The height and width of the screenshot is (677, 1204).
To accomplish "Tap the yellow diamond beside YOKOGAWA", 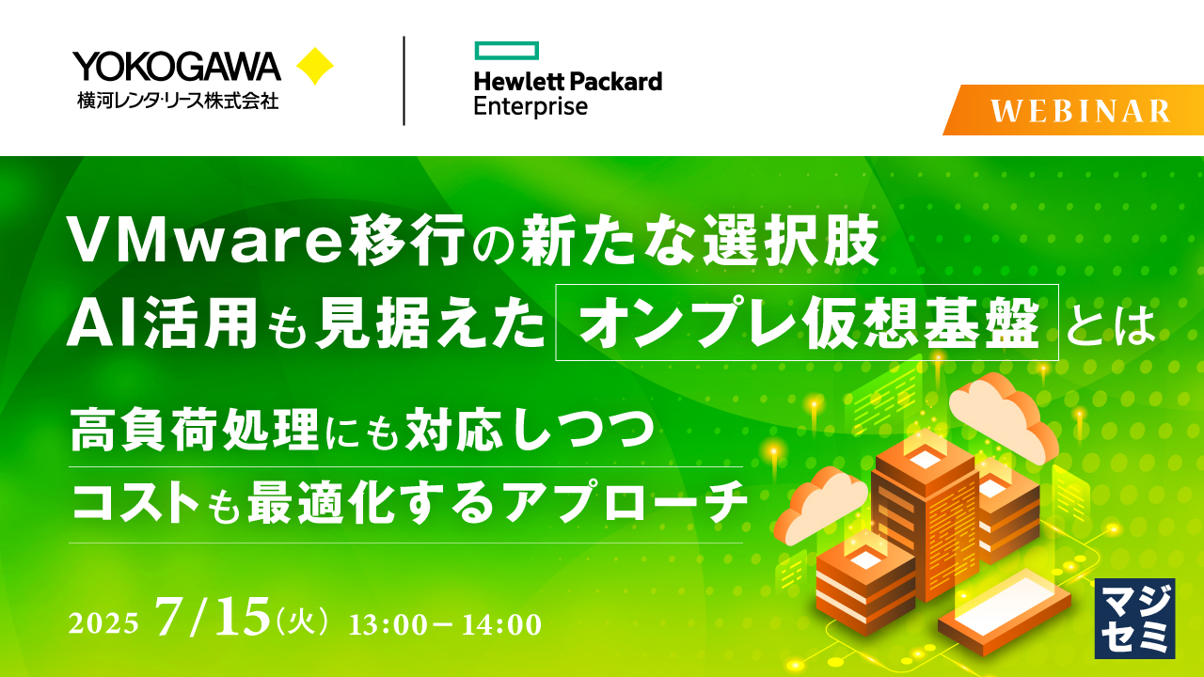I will click(315, 67).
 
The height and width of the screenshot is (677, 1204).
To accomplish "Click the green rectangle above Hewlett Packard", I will click(506, 50).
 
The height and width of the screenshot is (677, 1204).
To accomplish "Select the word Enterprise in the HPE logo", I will click(531, 105).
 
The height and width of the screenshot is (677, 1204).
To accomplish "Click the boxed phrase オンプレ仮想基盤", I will click(807, 323).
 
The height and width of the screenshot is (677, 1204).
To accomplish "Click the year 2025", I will click(104, 623).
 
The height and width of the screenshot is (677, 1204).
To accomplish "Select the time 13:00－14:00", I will click(444, 623).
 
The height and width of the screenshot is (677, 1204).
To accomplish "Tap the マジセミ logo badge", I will click(1134, 616).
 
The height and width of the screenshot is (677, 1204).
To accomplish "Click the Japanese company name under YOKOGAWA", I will click(178, 99).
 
